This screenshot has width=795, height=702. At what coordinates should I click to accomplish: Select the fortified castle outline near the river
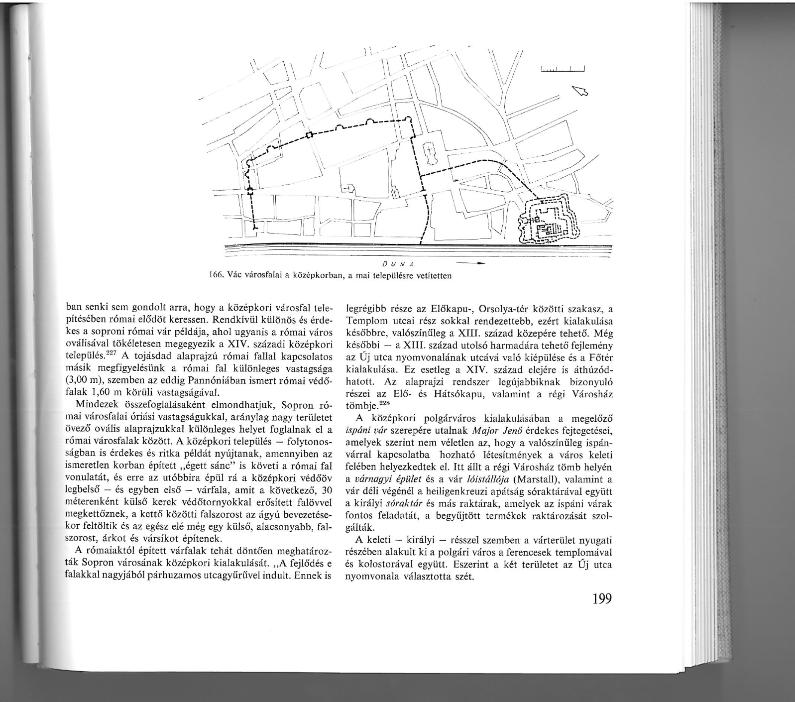click(x=548, y=220)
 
